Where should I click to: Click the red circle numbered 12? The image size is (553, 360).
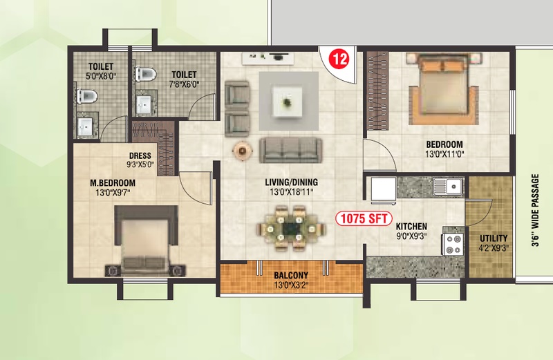[340, 59]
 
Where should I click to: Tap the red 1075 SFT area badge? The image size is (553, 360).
[364, 218]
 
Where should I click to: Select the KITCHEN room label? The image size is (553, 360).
[411, 227]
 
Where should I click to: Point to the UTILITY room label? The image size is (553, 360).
[494, 238]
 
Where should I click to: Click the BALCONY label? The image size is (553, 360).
[291, 275]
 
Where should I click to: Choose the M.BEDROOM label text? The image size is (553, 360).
[113, 183]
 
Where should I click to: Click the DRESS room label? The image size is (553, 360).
[140, 155]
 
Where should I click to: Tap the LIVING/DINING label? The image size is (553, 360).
[291, 182]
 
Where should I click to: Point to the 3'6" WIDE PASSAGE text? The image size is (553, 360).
[535, 211]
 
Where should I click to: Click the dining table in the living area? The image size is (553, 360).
[290, 229]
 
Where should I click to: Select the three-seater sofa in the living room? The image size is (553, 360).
[290, 150]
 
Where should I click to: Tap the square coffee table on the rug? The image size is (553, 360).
[287, 102]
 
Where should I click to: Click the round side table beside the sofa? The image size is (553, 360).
[243, 151]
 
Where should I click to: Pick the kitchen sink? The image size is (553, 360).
[447, 187]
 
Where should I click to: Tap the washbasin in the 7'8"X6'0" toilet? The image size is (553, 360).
[144, 104]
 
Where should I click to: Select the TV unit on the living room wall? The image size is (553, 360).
[268, 58]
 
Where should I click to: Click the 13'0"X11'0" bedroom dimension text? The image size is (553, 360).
[444, 154]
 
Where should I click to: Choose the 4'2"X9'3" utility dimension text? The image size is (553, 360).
[494, 248]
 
